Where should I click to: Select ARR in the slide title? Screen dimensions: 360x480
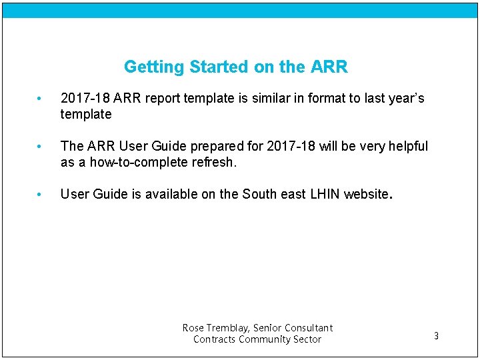329,67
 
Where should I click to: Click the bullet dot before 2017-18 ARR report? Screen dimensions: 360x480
40,99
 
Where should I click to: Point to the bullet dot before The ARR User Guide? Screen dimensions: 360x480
40,147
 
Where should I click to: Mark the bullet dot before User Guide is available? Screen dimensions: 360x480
40,195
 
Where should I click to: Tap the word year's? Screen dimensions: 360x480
402,99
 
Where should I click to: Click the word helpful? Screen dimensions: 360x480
407,146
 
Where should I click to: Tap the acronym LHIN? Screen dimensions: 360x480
325,194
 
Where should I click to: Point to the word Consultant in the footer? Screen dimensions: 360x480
309,328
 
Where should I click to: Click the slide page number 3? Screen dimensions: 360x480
436,336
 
